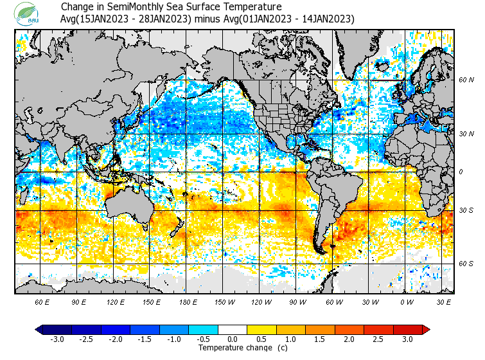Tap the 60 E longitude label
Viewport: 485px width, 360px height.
42,301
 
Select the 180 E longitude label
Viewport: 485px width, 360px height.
188,301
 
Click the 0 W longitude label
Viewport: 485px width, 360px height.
407,301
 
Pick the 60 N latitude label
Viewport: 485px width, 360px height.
466,80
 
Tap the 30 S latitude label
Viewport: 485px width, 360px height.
466,211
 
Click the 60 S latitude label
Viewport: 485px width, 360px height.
466,264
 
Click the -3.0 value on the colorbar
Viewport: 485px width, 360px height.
57,339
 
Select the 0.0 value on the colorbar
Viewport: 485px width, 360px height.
233,339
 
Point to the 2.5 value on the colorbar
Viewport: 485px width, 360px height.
378,339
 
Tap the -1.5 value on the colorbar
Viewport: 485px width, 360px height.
145,339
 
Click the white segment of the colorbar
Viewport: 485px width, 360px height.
233,329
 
